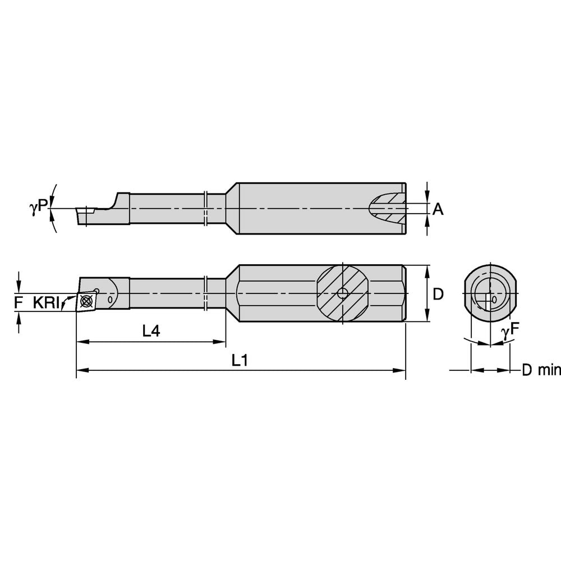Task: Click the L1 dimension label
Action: pyautogui.click(x=240, y=361)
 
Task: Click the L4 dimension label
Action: pyautogui.click(x=151, y=332)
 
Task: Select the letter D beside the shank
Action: pyautogui.click(x=439, y=293)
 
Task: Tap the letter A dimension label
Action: pyautogui.click(x=438, y=209)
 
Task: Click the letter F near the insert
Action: pyautogui.click(x=18, y=303)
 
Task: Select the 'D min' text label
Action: pyautogui.click(x=541, y=370)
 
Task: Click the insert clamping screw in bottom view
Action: pyautogui.click(x=86, y=301)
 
